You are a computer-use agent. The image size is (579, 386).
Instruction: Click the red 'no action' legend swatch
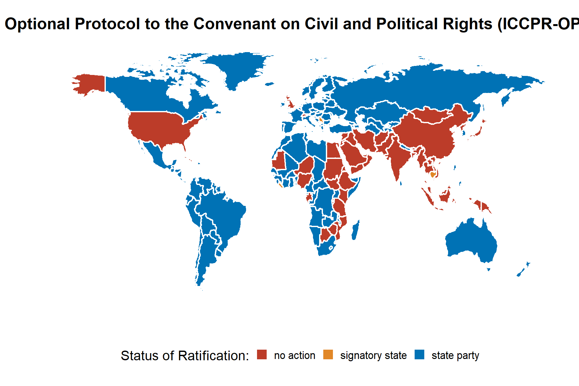point(262,354)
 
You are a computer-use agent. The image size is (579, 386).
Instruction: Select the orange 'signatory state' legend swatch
point(328,354)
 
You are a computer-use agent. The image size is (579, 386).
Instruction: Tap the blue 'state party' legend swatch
point(419,354)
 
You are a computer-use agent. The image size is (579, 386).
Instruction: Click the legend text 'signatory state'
point(373,355)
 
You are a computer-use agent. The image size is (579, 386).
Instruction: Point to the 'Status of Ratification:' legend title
point(185,356)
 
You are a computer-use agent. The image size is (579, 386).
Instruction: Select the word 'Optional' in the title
point(37,24)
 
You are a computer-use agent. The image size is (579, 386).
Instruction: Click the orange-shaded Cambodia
point(433,175)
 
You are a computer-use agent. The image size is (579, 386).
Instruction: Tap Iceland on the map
point(270,84)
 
